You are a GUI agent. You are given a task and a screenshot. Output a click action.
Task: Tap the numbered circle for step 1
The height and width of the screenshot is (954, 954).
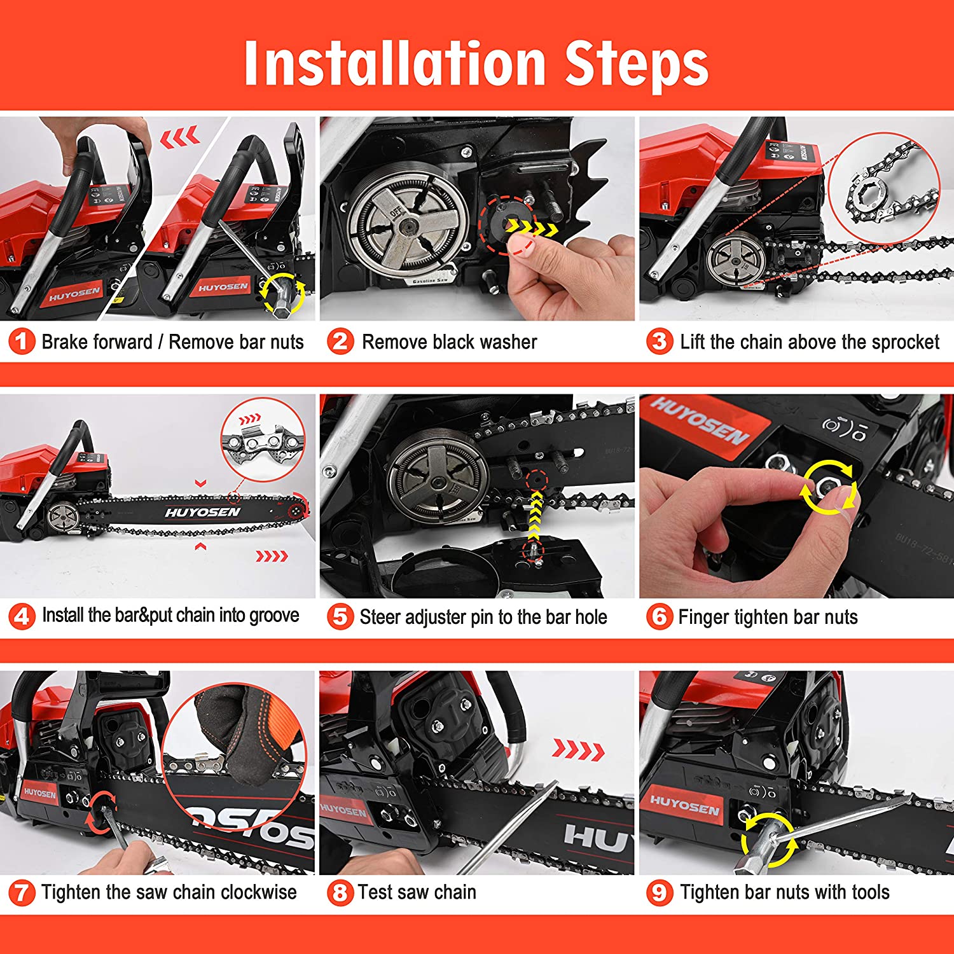tap(22, 342)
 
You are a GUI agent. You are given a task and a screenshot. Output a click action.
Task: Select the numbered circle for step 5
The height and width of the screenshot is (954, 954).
tap(340, 616)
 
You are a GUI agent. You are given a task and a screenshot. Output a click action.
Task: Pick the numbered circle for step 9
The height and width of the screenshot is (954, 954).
tap(660, 892)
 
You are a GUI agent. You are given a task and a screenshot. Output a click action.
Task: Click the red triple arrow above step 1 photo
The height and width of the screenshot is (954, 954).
tap(180, 136)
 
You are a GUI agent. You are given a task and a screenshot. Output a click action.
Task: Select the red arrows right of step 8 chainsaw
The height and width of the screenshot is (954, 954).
tap(578, 750)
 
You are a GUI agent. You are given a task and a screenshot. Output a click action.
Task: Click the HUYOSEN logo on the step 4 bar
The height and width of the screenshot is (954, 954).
tap(203, 512)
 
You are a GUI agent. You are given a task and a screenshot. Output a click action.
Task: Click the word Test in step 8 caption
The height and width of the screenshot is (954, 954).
tap(375, 892)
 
